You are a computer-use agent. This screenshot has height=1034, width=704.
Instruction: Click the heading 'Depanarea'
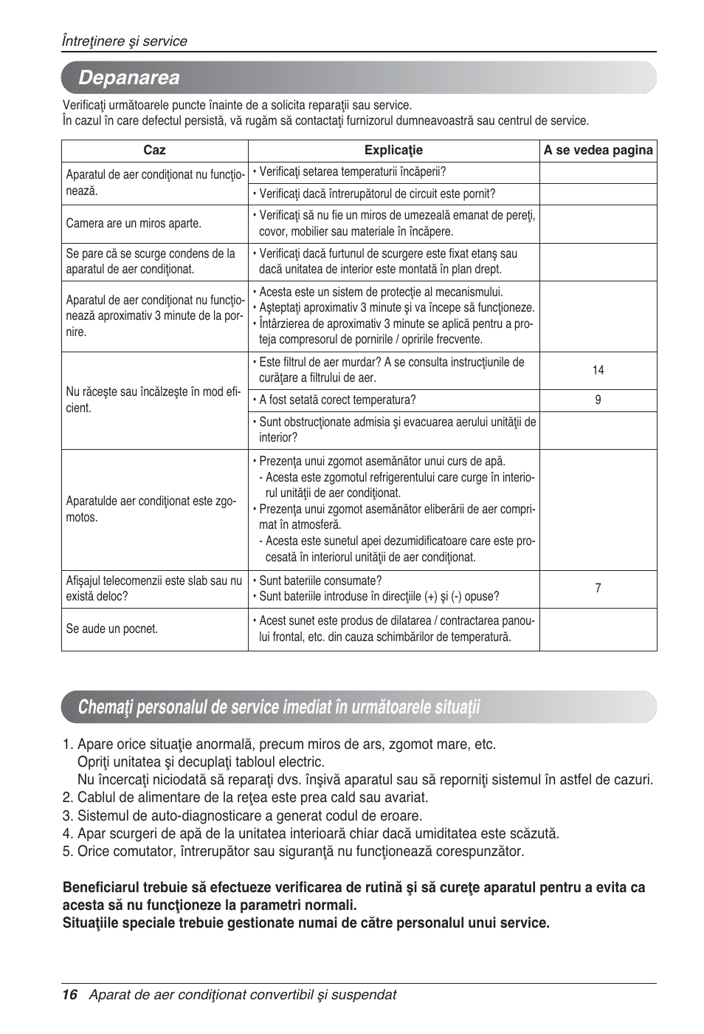(128, 78)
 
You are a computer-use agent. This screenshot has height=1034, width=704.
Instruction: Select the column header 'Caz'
(154, 150)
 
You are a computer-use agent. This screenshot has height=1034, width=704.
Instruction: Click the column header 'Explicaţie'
(393, 150)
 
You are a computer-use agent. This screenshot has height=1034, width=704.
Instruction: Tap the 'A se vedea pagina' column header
(598, 150)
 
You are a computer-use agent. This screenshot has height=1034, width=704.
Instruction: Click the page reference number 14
(598, 370)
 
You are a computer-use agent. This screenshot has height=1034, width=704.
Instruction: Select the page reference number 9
(598, 400)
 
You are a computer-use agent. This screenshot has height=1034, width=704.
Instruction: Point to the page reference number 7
(598, 588)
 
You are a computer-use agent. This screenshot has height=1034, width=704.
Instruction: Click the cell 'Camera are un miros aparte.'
(134, 223)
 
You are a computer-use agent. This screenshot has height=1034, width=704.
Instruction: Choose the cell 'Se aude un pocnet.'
(111, 629)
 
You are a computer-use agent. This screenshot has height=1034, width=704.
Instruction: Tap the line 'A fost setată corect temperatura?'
(337, 400)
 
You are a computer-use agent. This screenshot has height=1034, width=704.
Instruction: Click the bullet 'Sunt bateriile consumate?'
(320, 581)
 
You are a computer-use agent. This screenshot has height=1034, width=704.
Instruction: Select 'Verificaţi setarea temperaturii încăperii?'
(352, 171)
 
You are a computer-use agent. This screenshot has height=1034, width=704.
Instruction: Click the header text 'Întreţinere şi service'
(124, 41)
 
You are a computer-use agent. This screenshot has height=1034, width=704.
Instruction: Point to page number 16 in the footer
(69, 994)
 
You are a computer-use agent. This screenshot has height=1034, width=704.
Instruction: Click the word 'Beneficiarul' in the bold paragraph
(101, 887)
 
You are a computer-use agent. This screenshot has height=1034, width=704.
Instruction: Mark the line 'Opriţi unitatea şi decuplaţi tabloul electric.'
(201, 761)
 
